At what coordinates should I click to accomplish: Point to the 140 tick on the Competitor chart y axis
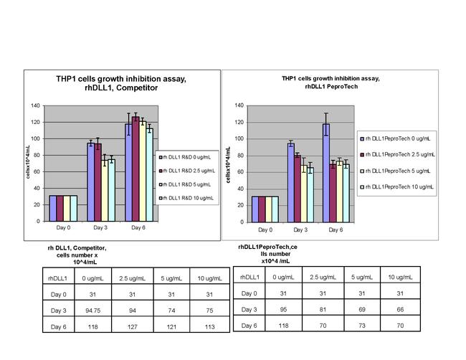tap(36, 106)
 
